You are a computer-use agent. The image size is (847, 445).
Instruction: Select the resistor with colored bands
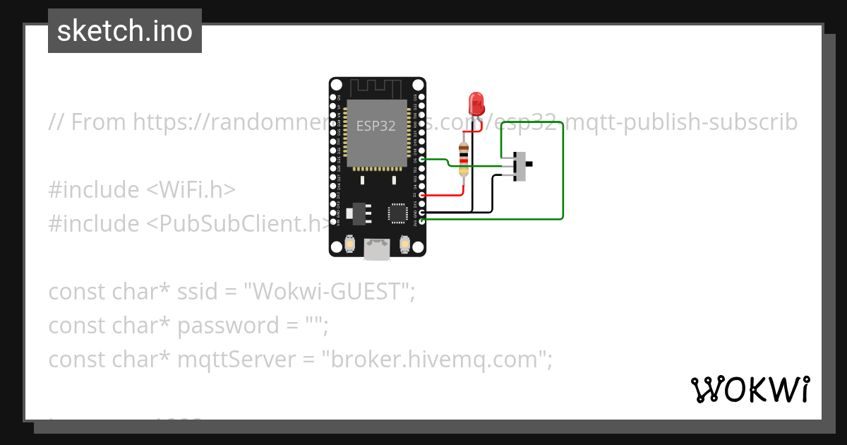click(463, 159)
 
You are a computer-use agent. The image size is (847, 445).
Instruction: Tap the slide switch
click(522, 165)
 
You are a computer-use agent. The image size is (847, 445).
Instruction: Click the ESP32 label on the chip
click(376, 126)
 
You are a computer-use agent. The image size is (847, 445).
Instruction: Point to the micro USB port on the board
click(377, 249)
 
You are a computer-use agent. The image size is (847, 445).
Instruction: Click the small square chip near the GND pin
click(397, 213)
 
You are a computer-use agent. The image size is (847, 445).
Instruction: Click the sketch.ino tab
click(125, 31)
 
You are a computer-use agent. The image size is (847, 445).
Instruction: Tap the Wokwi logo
click(750, 389)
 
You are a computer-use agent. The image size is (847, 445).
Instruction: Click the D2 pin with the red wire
click(421, 195)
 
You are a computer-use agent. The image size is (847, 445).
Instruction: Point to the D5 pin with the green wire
click(421, 160)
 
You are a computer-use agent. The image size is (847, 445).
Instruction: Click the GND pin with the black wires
click(421, 212)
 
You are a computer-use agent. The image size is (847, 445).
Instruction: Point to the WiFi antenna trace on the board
click(377, 88)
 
